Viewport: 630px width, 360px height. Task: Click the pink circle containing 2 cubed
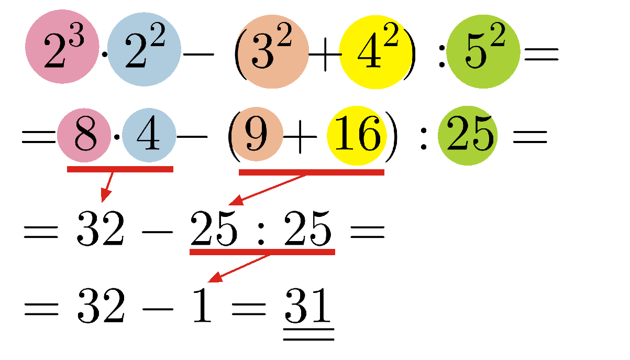pos(62,47)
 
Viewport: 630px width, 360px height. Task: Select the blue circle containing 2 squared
pos(144,49)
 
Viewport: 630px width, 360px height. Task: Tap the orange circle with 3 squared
pos(272,51)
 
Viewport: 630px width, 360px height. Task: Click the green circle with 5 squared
pos(483,51)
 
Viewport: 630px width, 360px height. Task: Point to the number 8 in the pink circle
pos(85,134)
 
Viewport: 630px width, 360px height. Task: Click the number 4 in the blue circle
pos(149,133)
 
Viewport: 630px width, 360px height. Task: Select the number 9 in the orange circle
pos(257,134)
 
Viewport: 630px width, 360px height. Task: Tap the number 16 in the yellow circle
pos(358,133)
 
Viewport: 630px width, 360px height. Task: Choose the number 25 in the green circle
pos(470,133)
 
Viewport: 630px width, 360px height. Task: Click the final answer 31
pos(308,305)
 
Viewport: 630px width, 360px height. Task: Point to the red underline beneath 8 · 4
pos(120,169)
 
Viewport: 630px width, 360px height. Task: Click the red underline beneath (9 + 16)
pos(312,172)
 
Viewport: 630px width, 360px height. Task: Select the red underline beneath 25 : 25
pos(262,252)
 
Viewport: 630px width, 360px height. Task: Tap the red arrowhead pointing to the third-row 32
pos(105,195)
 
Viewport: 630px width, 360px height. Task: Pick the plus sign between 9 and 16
pos(300,137)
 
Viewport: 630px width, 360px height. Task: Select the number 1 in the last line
pos(202,305)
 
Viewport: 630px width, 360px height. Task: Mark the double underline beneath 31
pos(309,334)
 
